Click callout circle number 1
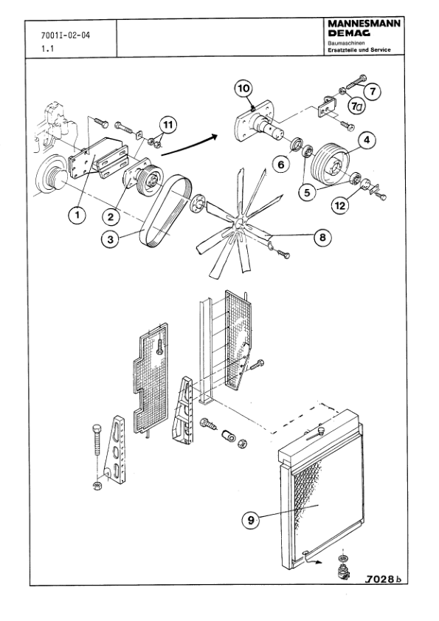click(75, 215)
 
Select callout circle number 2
click(111, 216)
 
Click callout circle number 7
click(373, 92)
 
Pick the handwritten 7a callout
click(356, 107)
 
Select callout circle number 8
click(320, 237)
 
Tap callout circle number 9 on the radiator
click(252, 520)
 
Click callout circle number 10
click(244, 89)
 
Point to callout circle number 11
click(168, 126)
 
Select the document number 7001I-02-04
click(68, 35)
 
